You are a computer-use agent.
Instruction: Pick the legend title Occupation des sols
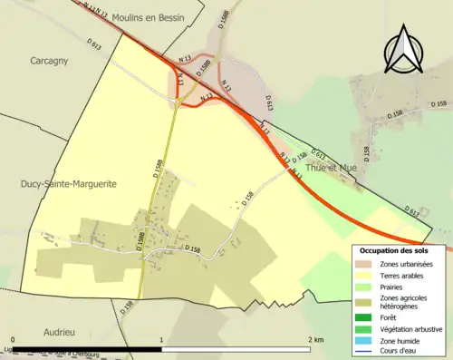394,250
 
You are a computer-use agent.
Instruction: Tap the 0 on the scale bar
13,340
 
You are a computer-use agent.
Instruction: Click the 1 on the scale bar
162,340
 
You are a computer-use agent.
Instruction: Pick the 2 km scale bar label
315,340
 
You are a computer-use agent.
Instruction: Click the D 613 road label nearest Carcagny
94,43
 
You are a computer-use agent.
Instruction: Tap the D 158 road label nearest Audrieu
128,307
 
